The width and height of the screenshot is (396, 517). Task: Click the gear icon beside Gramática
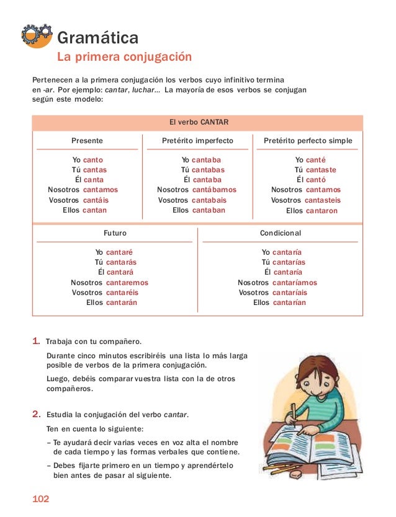37,36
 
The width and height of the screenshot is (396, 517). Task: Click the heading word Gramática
97,38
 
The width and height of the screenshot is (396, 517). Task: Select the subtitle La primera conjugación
124,58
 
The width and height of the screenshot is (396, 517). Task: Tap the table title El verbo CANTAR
197,122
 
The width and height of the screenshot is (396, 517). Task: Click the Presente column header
87,141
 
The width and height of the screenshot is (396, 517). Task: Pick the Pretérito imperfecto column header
197,141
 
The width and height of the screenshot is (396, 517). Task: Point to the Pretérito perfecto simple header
308,141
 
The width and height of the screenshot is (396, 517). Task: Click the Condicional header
280,233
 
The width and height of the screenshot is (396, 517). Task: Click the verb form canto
93,160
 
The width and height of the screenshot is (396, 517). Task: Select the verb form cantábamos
214,190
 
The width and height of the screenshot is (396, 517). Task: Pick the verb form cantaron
322,211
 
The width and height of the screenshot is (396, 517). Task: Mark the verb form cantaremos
127,283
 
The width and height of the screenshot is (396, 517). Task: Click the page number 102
40,500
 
